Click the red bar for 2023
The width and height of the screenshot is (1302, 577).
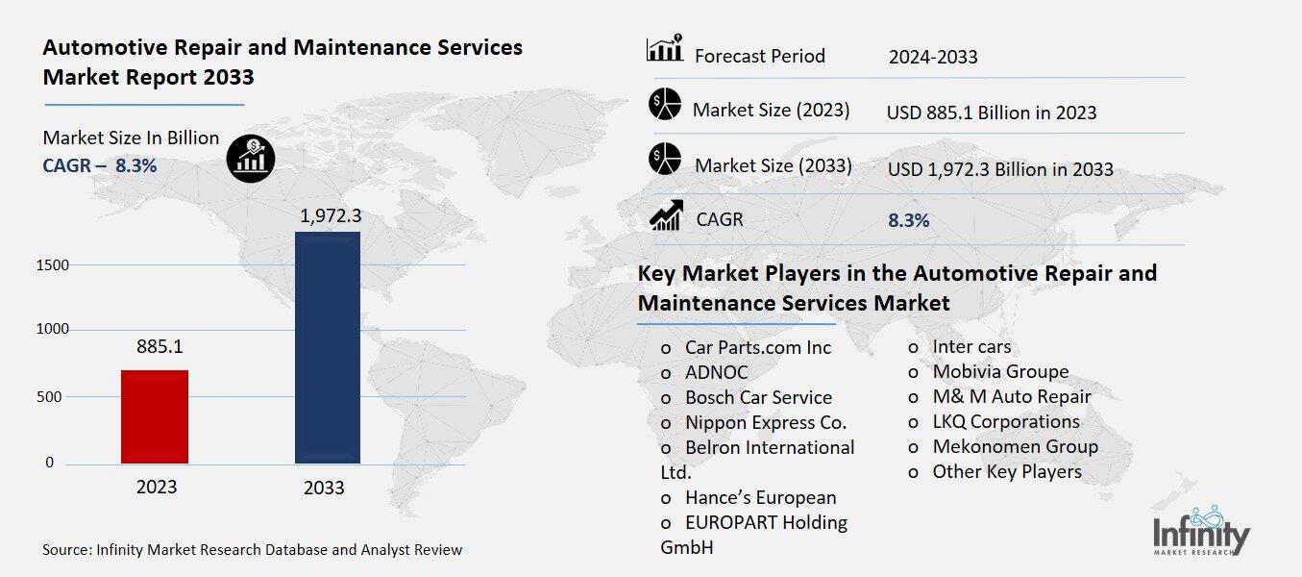155,416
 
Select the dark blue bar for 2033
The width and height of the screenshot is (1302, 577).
327,347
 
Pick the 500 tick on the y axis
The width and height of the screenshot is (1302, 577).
56,396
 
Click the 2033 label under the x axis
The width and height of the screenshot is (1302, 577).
324,488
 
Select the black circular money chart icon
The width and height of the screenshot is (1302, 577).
251,157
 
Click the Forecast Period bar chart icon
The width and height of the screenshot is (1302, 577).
665,50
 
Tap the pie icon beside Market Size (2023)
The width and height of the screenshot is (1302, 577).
665,105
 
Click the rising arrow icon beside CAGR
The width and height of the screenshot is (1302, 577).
665,215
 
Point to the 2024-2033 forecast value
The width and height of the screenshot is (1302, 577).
933,57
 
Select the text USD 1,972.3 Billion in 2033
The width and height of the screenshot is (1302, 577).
1000,170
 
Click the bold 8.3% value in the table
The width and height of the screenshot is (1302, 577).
908,220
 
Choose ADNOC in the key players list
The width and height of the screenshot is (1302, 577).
716,372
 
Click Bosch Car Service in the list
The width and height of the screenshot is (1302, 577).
758,397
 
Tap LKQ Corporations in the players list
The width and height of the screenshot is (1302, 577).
1005,421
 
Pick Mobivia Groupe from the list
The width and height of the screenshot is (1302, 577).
1000,371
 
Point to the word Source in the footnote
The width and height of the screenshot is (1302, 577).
66,550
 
